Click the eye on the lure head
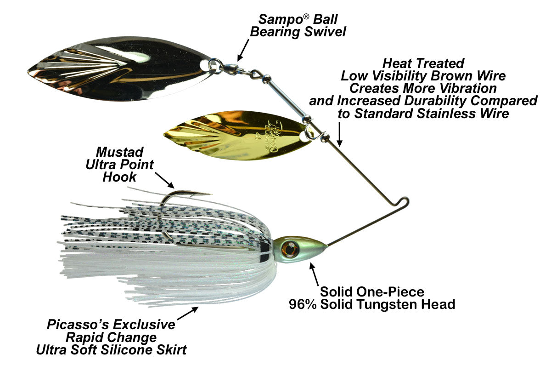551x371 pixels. pyautogui.click(x=289, y=249)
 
